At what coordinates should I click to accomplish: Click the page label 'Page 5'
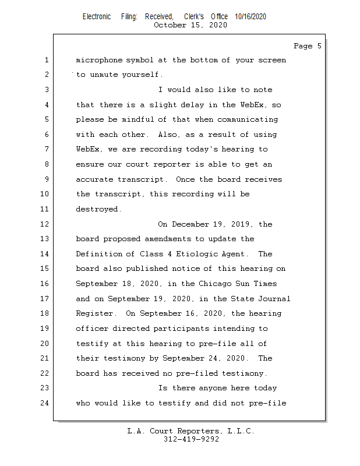(x=307, y=46)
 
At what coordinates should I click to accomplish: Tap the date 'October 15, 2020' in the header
(x=190, y=25)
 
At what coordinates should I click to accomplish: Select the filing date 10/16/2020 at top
(x=250, y=17)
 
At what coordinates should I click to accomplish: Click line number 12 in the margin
(x=45, y=224)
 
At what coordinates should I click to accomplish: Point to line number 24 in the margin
(x=45, y=403)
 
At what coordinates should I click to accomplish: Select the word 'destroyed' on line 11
(x=98, y=209)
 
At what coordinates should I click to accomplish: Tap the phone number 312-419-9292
(x=191, y=440)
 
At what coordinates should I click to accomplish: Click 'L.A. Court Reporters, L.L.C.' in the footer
(x=190, y=432)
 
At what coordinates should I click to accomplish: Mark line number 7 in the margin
(x=45, y=150)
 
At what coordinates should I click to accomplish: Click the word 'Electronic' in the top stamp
(x=97, y=17)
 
